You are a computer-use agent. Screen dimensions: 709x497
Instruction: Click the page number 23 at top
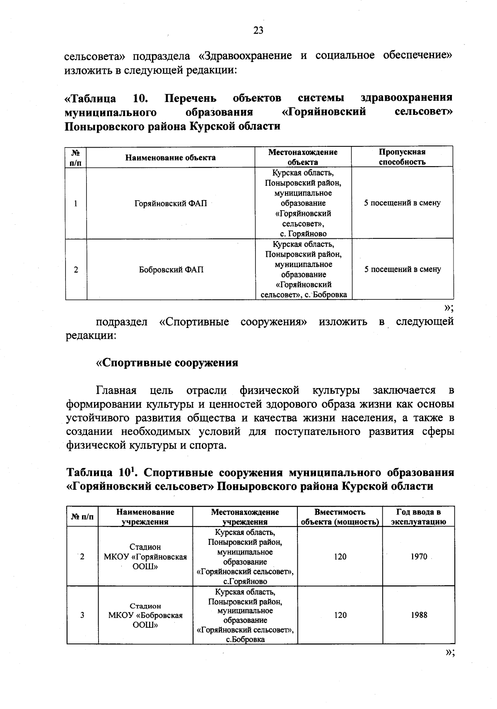click(258, 31)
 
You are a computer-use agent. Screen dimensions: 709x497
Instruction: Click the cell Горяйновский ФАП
click(171, 204)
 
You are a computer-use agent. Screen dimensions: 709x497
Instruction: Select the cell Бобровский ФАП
click(171, 270)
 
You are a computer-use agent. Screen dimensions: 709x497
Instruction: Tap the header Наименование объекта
click(171, 158)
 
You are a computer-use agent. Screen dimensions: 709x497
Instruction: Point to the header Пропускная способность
click(402, 157)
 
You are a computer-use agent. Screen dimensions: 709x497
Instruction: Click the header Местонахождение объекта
click(303, 157)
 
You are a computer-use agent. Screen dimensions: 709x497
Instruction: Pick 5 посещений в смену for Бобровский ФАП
click(402, 270)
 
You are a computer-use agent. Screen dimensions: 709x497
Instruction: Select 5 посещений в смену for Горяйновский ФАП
click(402, 203)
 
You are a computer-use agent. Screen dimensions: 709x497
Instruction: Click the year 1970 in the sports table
click(419, 557)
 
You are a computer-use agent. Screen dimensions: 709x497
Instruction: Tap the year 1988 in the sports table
click(419, 615)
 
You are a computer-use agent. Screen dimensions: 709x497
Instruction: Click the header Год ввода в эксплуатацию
click(418, 517)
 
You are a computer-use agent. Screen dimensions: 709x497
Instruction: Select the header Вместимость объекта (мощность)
click(340, 517)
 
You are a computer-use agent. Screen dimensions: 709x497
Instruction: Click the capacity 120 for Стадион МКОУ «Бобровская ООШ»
click(340, 615)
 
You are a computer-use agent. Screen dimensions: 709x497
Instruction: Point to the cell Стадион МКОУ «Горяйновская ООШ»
click(145, 557)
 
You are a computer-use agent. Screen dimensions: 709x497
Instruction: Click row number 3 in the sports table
click(82, 615)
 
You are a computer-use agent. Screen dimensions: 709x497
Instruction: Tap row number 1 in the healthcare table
click(76, 204)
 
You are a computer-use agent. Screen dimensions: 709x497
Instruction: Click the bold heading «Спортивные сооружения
click(167, 363)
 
